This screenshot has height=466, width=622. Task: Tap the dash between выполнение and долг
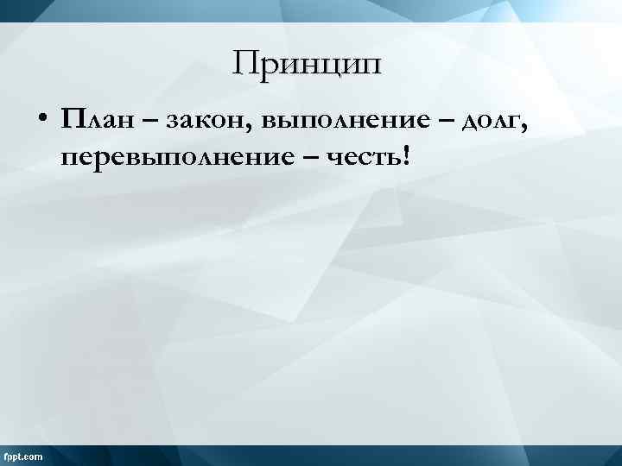tap(448, 122)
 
